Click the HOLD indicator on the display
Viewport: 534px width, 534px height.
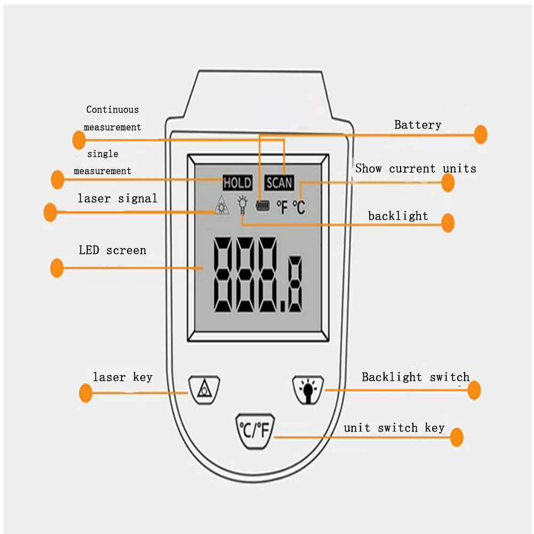tap(237, 183)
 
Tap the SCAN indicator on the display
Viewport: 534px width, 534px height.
tap(279, 183)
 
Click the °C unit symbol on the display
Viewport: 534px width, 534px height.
tap(299, 207)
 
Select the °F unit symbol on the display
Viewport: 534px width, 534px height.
tap(282, 207)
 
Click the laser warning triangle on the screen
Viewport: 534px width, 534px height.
tap(220, 206)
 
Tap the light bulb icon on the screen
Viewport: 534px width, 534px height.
tap(243, 204)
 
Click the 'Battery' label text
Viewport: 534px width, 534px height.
tap(418, 125)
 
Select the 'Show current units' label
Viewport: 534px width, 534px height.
tap(416, 169)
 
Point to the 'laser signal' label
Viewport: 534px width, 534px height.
tap(117, 198)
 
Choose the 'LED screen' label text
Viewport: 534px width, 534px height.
tap(113, 250)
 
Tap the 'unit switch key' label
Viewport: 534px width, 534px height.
tap(394, 428)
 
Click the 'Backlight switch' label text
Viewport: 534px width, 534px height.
tap(416, 377)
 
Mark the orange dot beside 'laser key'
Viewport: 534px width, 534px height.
tap(86, 394)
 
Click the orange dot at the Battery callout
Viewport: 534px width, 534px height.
tap(481, 134)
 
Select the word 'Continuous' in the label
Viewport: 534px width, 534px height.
tap(113, 110)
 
